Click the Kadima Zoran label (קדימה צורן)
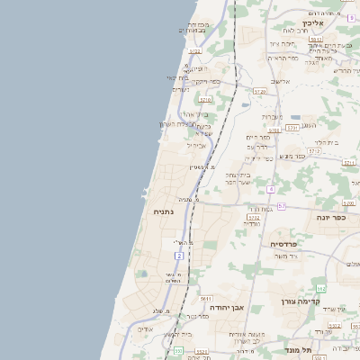click(301, 301)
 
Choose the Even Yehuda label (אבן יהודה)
click(228, 307)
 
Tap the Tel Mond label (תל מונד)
click(297, 349)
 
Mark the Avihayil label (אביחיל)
click(196, 145)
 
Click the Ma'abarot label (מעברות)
click(272, 116)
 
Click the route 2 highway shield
click(179, 256)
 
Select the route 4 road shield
click(270, 189)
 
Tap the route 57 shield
click(282, 206)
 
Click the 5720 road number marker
click(260, 91)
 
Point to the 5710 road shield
click(206, 100)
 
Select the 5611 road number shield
click(206, 298)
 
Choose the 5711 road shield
click(349, 163)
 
